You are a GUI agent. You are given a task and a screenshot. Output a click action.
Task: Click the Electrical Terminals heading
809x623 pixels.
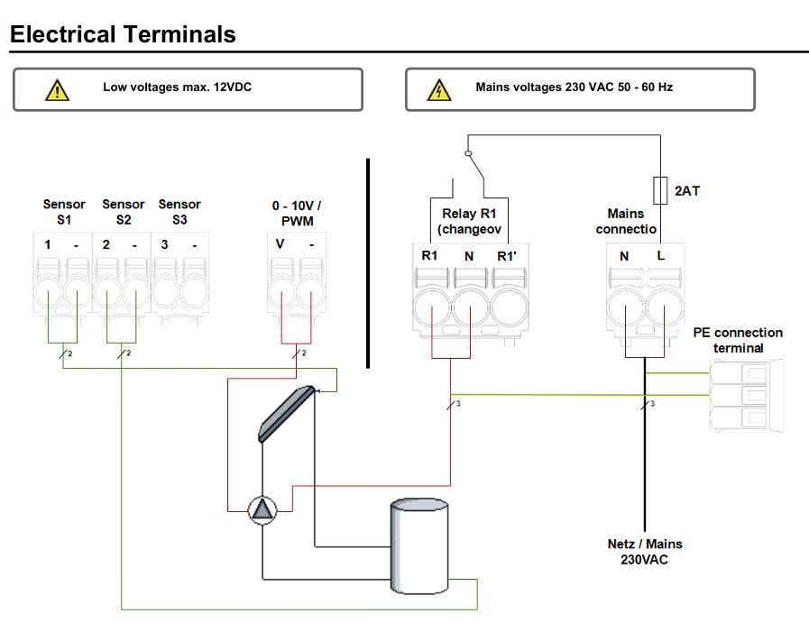123,34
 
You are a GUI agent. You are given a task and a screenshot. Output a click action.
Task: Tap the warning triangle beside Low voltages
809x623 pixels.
57,89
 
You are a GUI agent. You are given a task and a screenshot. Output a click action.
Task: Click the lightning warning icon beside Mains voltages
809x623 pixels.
438,89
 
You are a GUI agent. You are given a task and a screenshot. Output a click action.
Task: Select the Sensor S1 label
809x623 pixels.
64,211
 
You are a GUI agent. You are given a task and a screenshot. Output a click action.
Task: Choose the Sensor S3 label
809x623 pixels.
179,211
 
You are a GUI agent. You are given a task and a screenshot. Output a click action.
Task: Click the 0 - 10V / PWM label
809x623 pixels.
297,213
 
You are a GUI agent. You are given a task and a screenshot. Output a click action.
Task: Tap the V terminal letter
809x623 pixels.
280,244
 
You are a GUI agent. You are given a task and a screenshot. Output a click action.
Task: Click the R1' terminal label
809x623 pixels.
508,256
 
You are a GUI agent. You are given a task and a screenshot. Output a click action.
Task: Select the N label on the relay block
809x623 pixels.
469,256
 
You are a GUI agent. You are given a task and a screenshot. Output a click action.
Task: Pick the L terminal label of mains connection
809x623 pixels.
661,256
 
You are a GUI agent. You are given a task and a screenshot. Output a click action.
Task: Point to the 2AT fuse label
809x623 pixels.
687,191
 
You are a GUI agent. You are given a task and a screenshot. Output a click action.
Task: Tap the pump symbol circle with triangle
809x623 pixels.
262,510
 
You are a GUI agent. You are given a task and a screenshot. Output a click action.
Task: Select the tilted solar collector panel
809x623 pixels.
286,414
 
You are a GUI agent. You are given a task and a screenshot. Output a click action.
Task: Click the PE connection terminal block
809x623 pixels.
747,394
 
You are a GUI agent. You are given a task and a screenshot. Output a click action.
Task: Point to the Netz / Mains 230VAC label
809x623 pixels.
645,551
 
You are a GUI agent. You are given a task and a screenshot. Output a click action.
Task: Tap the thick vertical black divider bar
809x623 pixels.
368,263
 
